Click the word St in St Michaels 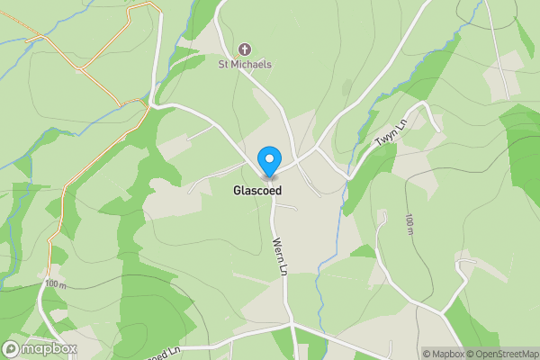tap(224, 64)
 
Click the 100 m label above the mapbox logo tap(55, 284)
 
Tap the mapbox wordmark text tap(50, 348)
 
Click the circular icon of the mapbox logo tap(12, 348)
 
